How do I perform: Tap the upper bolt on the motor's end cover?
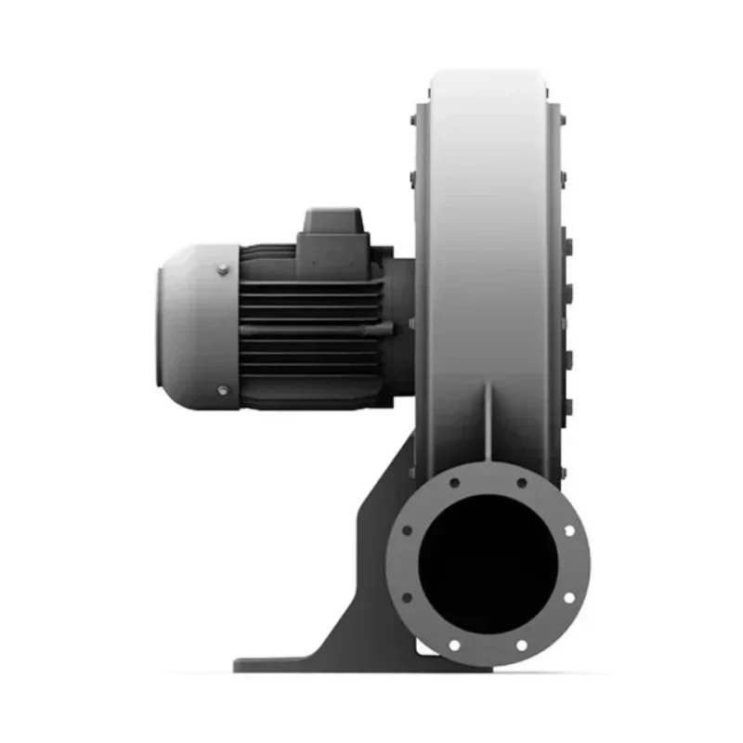pyautogui.click(x=223, y=270)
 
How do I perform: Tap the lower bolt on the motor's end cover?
pyautogui.click(x=223, y=390)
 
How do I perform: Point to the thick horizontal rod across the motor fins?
pyautogui.click(x=311, y=328)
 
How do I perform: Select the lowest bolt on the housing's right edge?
pyautogui.click(x=567, y=406)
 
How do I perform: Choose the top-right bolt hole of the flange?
pyautogui.click(x=521, y=484)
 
